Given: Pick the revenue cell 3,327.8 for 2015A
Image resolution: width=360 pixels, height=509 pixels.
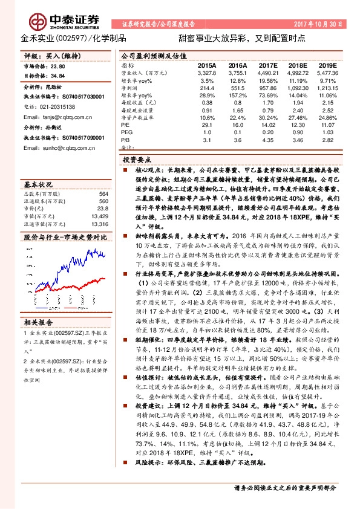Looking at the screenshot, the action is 206,71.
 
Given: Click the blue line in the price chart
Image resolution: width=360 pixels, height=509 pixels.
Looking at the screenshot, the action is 73,259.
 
